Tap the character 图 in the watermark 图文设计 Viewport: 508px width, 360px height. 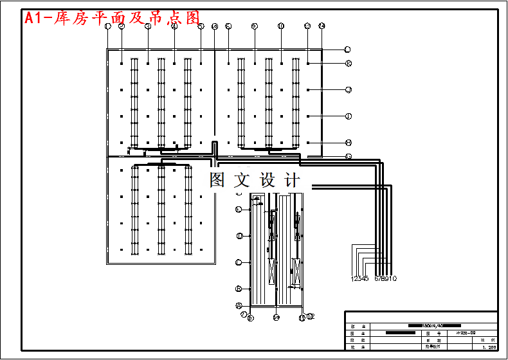click(x=218, y=181)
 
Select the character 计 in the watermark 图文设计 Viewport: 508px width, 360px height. click(x=291, y=181)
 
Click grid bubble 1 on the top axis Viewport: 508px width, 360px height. click(x=108, y=26)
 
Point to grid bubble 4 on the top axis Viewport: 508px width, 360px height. click(x=174, y=26)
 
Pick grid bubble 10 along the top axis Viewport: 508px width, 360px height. click(x=281, y=26)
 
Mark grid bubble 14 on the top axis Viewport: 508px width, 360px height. click(x=322, y=26)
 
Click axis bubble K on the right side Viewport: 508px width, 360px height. click(x=348, y=63)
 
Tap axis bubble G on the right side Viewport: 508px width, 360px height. click(x=348, y=156)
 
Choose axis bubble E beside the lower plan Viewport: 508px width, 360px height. click(x=239, y=210)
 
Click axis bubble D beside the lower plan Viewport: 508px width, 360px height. click(x=239, y=236)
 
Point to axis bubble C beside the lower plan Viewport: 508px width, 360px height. click(x=239, y=262)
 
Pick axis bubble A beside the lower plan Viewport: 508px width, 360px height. click(x=239, y=305)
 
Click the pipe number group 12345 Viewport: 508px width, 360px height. click(x=359, y=278)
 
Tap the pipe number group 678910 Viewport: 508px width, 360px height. click(x=386, y=278)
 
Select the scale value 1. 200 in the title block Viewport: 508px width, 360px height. click(x=489, y=347)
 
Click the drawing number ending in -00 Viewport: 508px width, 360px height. click(x=466, y=333)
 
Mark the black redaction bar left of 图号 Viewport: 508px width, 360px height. click(x=399, y=333)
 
